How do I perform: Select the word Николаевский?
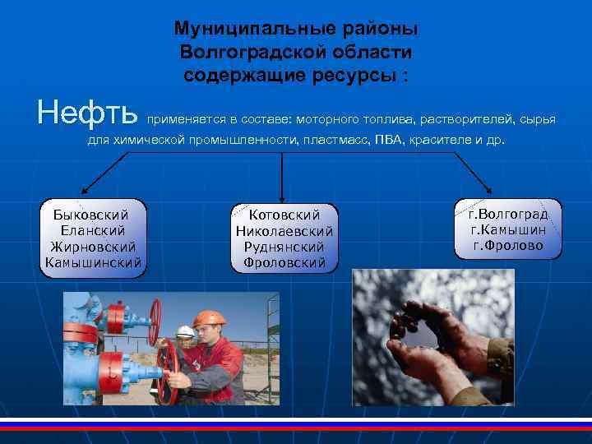284,231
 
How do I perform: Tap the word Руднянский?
284,247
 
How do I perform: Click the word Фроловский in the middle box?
284,264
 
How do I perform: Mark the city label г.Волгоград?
508,214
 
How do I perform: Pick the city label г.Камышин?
508,229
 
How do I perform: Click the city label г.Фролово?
508,245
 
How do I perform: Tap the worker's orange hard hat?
209,318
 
